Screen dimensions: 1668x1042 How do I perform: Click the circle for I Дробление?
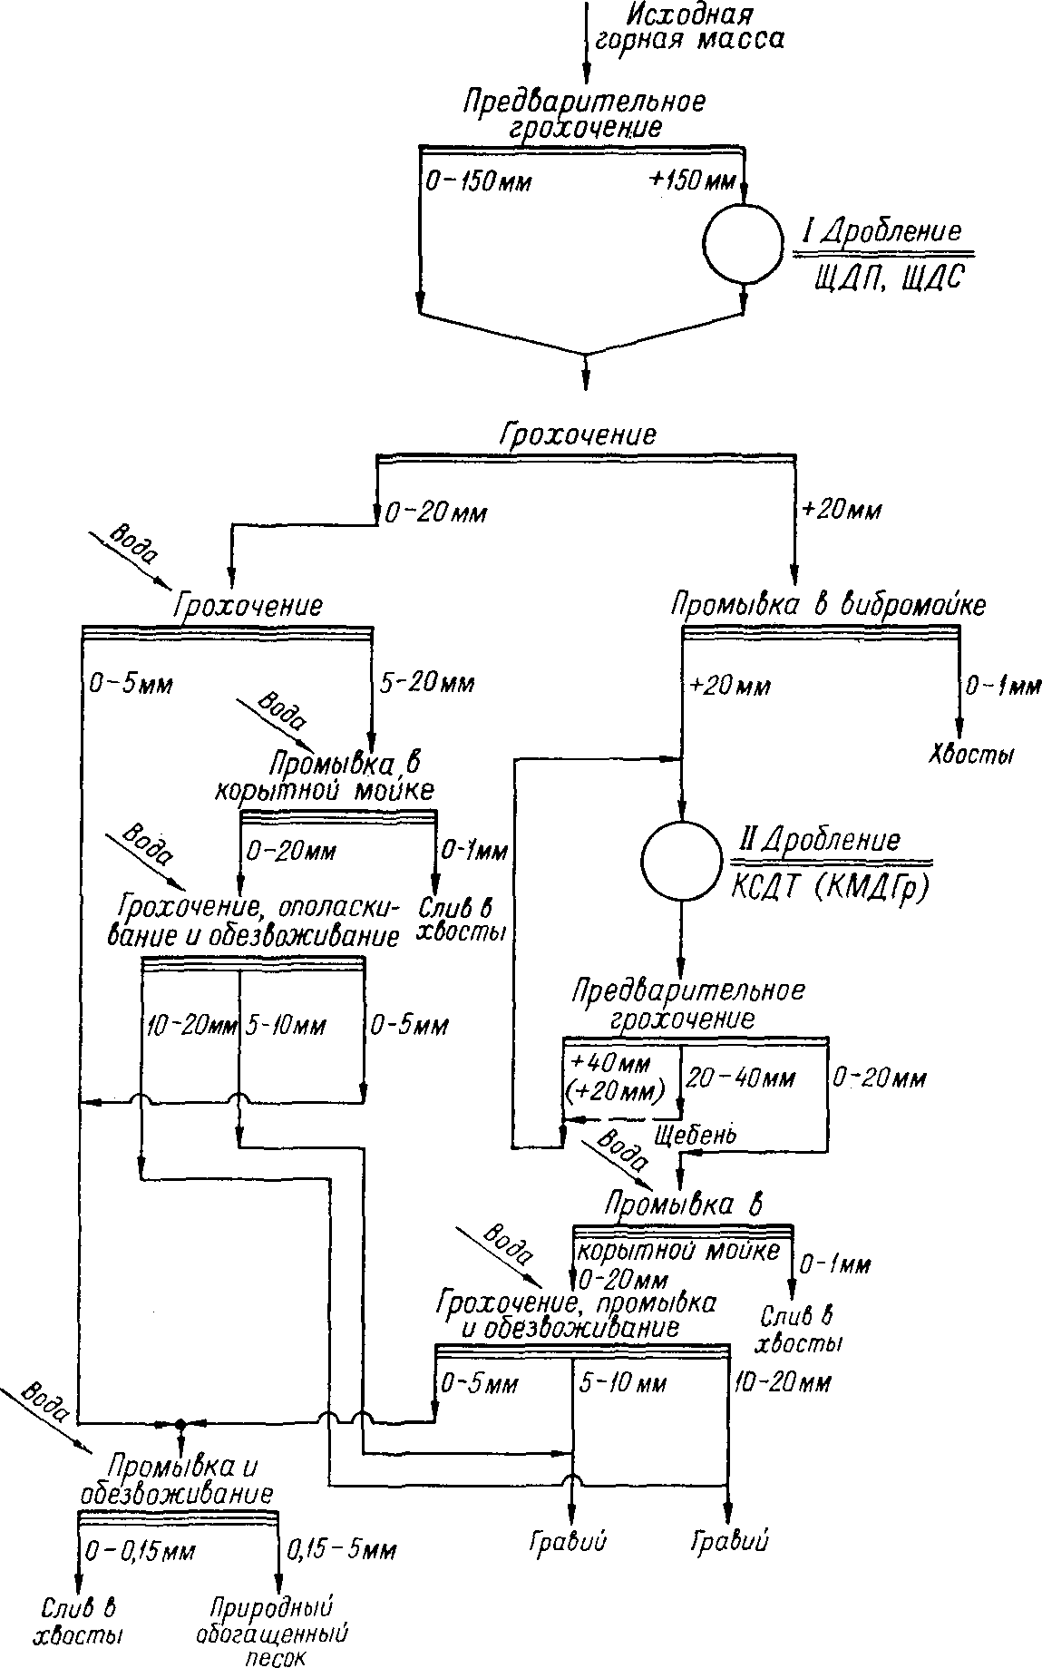click(x=743, y=243)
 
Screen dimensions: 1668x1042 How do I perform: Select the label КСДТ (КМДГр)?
click(x=830, y=889)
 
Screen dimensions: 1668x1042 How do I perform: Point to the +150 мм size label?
click(x=691, y=180)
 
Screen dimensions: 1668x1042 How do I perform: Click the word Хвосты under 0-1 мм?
click(x=970, y=756)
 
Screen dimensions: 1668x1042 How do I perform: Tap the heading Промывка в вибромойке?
click(x=827, y=606)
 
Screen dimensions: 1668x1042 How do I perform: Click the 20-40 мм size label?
click(x=740, y=1078)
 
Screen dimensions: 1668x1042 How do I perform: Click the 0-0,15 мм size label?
click(x=140, y=1552)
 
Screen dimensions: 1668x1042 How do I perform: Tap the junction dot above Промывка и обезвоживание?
click(x=180, y=1424)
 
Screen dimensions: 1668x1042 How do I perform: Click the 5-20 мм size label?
click(x=427, y=682)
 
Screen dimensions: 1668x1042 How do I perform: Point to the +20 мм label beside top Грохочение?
click(x=842, y=511)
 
